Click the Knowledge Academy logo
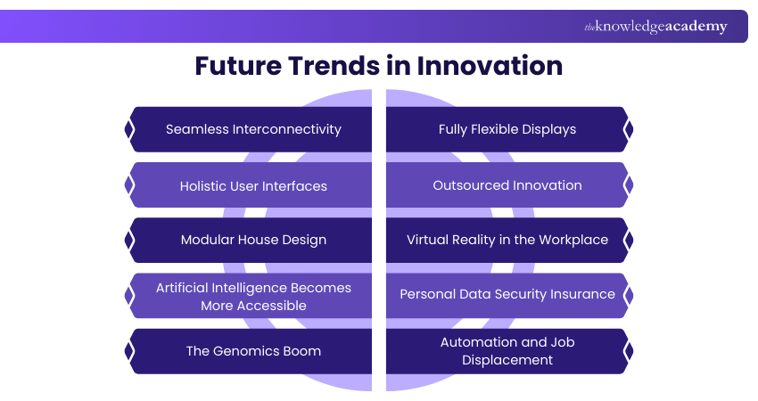[655, 27]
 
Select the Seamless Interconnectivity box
[253, 129]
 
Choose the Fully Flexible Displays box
[507, 129]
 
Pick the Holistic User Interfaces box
[253, 185]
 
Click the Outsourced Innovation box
[507, 185]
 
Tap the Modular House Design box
[253, 240]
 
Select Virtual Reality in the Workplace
[507, 240]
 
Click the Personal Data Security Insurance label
[507, 294]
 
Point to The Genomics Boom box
[253, 350]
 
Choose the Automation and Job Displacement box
[507, 350]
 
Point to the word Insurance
[582, 294]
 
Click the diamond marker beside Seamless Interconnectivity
[129, 129]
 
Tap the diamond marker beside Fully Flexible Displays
[629, 129]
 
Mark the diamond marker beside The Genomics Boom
[129, 350]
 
